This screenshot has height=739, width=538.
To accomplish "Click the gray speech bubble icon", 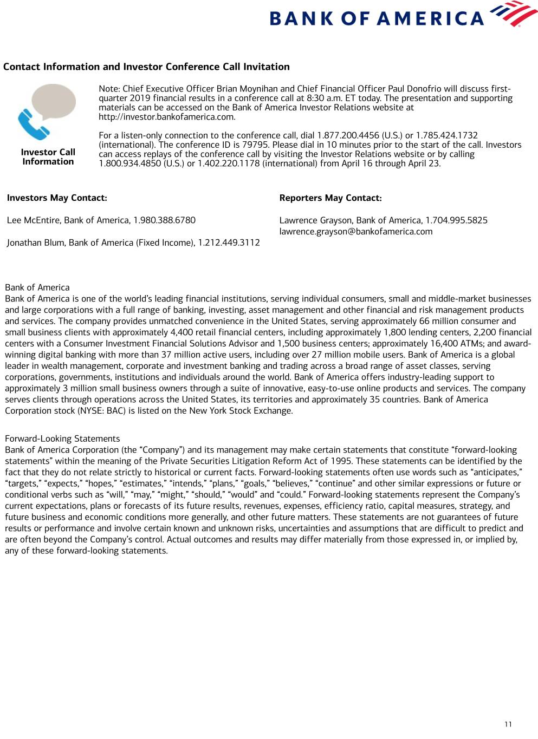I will coord(54,101).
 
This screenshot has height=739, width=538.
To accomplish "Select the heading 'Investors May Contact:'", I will coord(57,198).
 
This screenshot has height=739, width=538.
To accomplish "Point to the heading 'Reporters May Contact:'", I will coord(330,198).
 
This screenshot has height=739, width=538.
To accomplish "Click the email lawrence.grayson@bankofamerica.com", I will coord(356,232).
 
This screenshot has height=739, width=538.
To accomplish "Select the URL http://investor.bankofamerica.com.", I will coord(166,117).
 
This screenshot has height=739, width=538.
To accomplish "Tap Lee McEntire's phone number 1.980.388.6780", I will coord(164,220).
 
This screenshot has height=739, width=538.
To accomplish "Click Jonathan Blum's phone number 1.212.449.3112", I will coord(229,243).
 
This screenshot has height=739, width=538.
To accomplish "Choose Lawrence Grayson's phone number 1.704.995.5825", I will coord(456,220).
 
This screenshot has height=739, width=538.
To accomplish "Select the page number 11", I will coord(508,724).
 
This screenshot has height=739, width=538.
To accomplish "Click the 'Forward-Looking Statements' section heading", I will coord(62,439).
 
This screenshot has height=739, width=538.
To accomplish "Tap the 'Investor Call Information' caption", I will coord(48,157).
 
